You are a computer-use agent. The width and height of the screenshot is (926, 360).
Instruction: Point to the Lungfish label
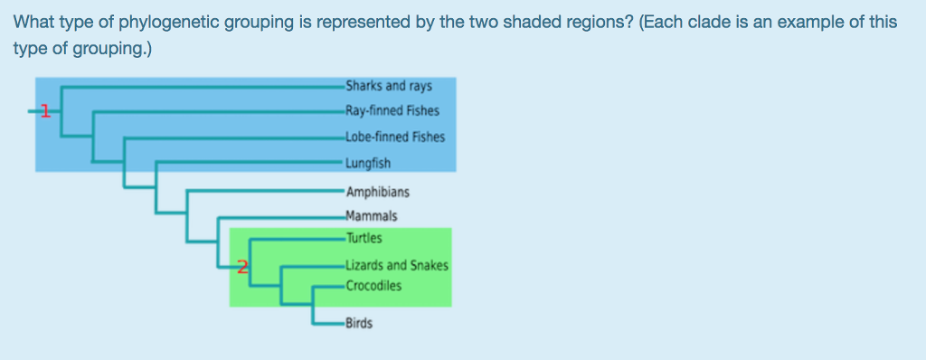point(368,164)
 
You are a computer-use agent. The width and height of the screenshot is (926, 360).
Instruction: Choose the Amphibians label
point(378,192)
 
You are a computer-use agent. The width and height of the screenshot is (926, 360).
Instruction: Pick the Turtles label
point(364,239)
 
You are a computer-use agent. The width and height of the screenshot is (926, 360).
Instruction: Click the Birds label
point(359,323)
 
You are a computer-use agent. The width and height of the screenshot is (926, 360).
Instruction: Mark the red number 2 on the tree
point(241,266)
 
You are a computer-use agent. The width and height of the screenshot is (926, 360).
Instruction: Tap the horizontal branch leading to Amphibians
point(262,192)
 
